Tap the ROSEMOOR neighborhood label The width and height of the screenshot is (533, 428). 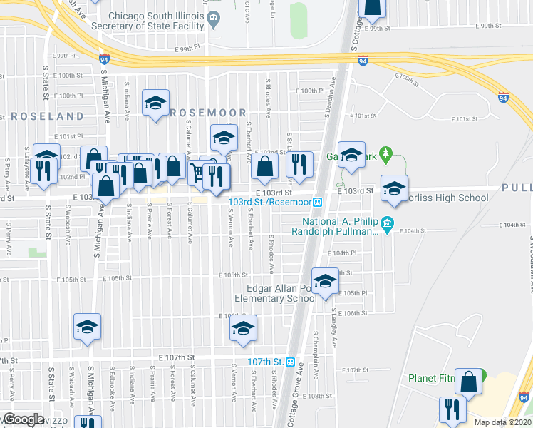click(209, 113)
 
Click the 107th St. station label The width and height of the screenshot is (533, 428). click(266, 362)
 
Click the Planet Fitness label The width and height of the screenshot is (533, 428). click(433, 378)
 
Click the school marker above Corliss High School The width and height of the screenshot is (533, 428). click(394, 188)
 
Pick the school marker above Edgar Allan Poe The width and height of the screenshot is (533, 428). click(325, 281)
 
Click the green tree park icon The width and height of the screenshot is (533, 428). click(385, 153)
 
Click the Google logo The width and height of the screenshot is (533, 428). click(24, 419)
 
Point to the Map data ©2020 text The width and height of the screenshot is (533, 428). click(502, 422)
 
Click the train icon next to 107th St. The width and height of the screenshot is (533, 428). click(290, 362)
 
